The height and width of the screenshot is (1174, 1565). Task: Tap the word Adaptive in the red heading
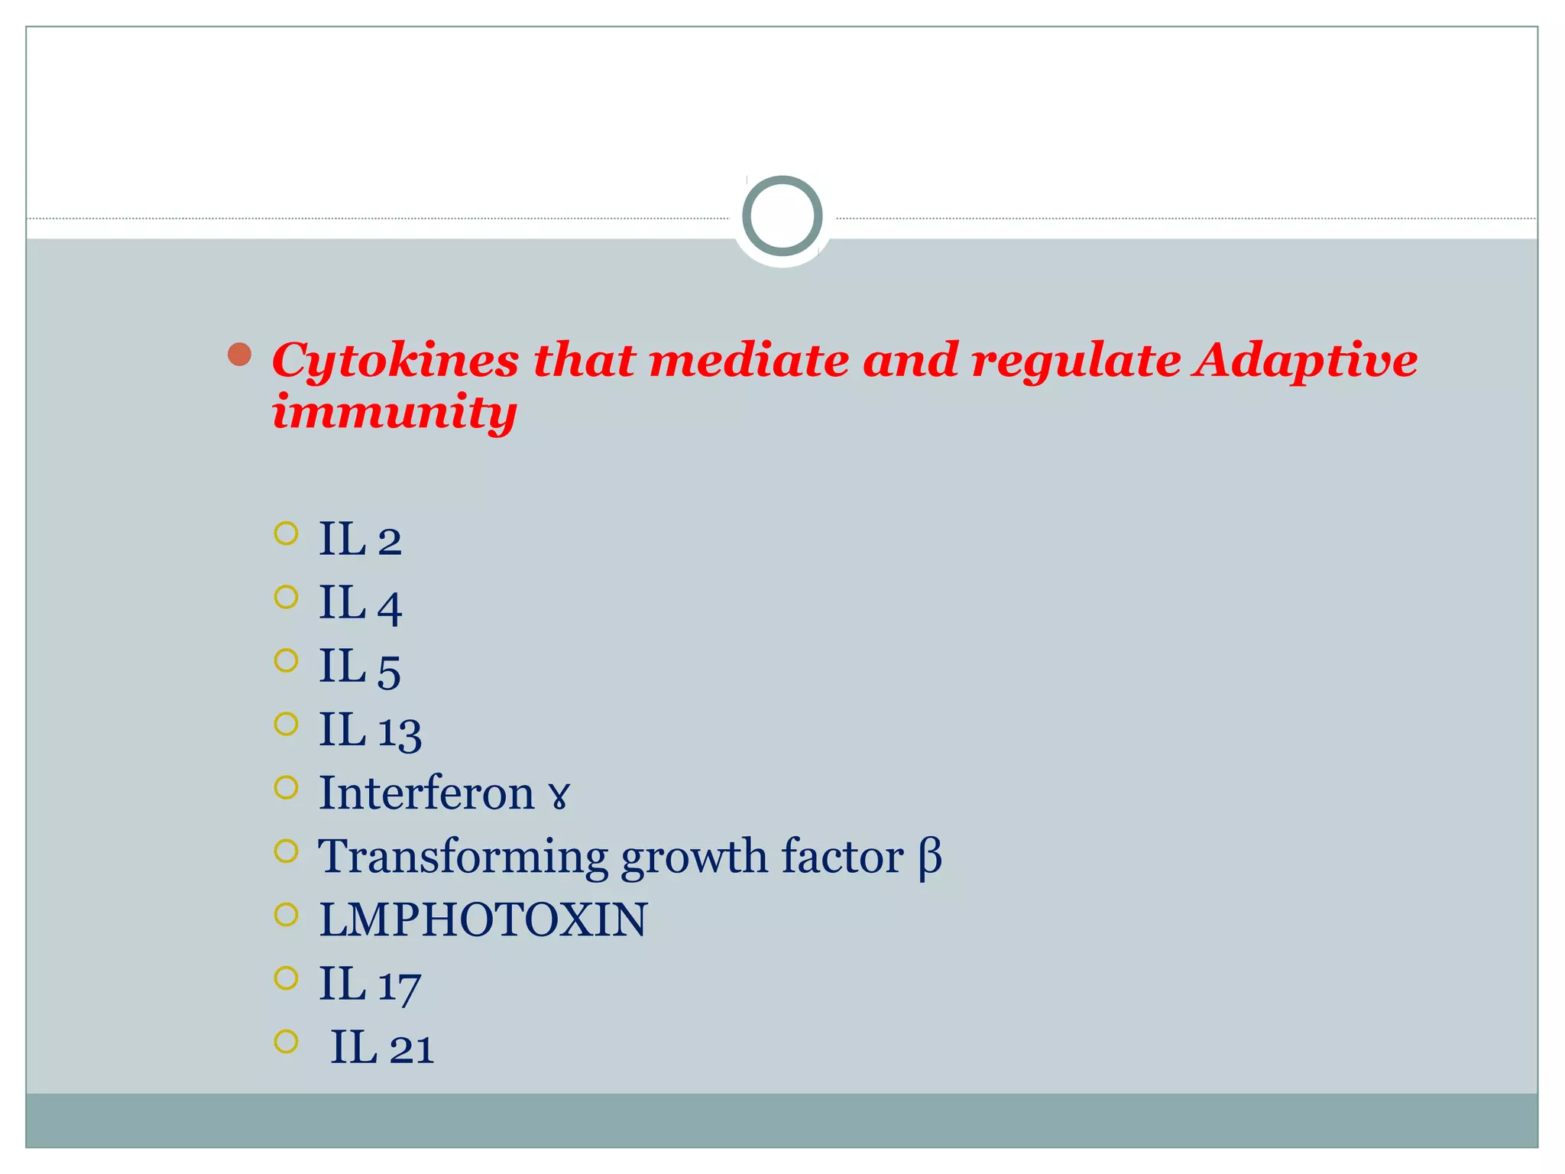click(1306, 361)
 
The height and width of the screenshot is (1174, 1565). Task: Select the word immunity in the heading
click(394, 413)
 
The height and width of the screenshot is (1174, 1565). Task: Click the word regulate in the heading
click(1077, 361)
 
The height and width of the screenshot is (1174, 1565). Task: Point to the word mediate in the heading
click(749, 361)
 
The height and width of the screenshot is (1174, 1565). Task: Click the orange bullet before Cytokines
click(240, 355)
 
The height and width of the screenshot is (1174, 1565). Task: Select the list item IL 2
click(360, 539)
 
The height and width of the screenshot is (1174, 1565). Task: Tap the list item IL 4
click(360, 603)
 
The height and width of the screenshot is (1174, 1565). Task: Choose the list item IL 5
click(360, 666)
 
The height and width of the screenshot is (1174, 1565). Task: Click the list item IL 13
click(370, 730)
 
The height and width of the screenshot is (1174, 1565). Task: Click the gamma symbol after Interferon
click(559, 796)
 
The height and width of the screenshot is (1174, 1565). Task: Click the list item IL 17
click(370, 984)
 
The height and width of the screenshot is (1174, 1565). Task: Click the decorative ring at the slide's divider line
click(782, 216)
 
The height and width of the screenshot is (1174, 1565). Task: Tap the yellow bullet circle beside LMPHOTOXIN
click(286, 915)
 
